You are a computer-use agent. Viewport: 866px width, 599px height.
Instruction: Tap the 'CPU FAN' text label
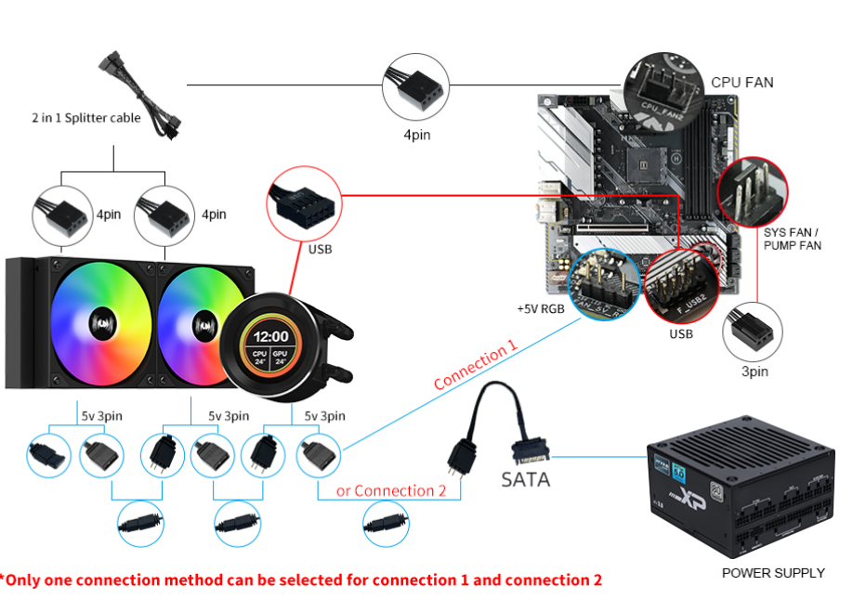pos(741,82)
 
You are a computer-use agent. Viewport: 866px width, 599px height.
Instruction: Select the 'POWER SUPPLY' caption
pos(772,573)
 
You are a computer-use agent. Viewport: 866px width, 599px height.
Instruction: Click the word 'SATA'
pos(525,479)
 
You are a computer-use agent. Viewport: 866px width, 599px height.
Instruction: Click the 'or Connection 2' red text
pos(391,490)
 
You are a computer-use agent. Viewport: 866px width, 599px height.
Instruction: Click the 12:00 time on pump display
pos(271,336)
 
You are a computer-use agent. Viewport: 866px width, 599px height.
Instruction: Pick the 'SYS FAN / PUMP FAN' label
pos(792,239)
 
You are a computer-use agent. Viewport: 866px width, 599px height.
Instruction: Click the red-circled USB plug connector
pos(302,202)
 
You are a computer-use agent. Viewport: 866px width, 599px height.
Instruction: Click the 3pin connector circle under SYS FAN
pos(752,331)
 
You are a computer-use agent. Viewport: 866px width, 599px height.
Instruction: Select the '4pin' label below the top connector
pos(416,136)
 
